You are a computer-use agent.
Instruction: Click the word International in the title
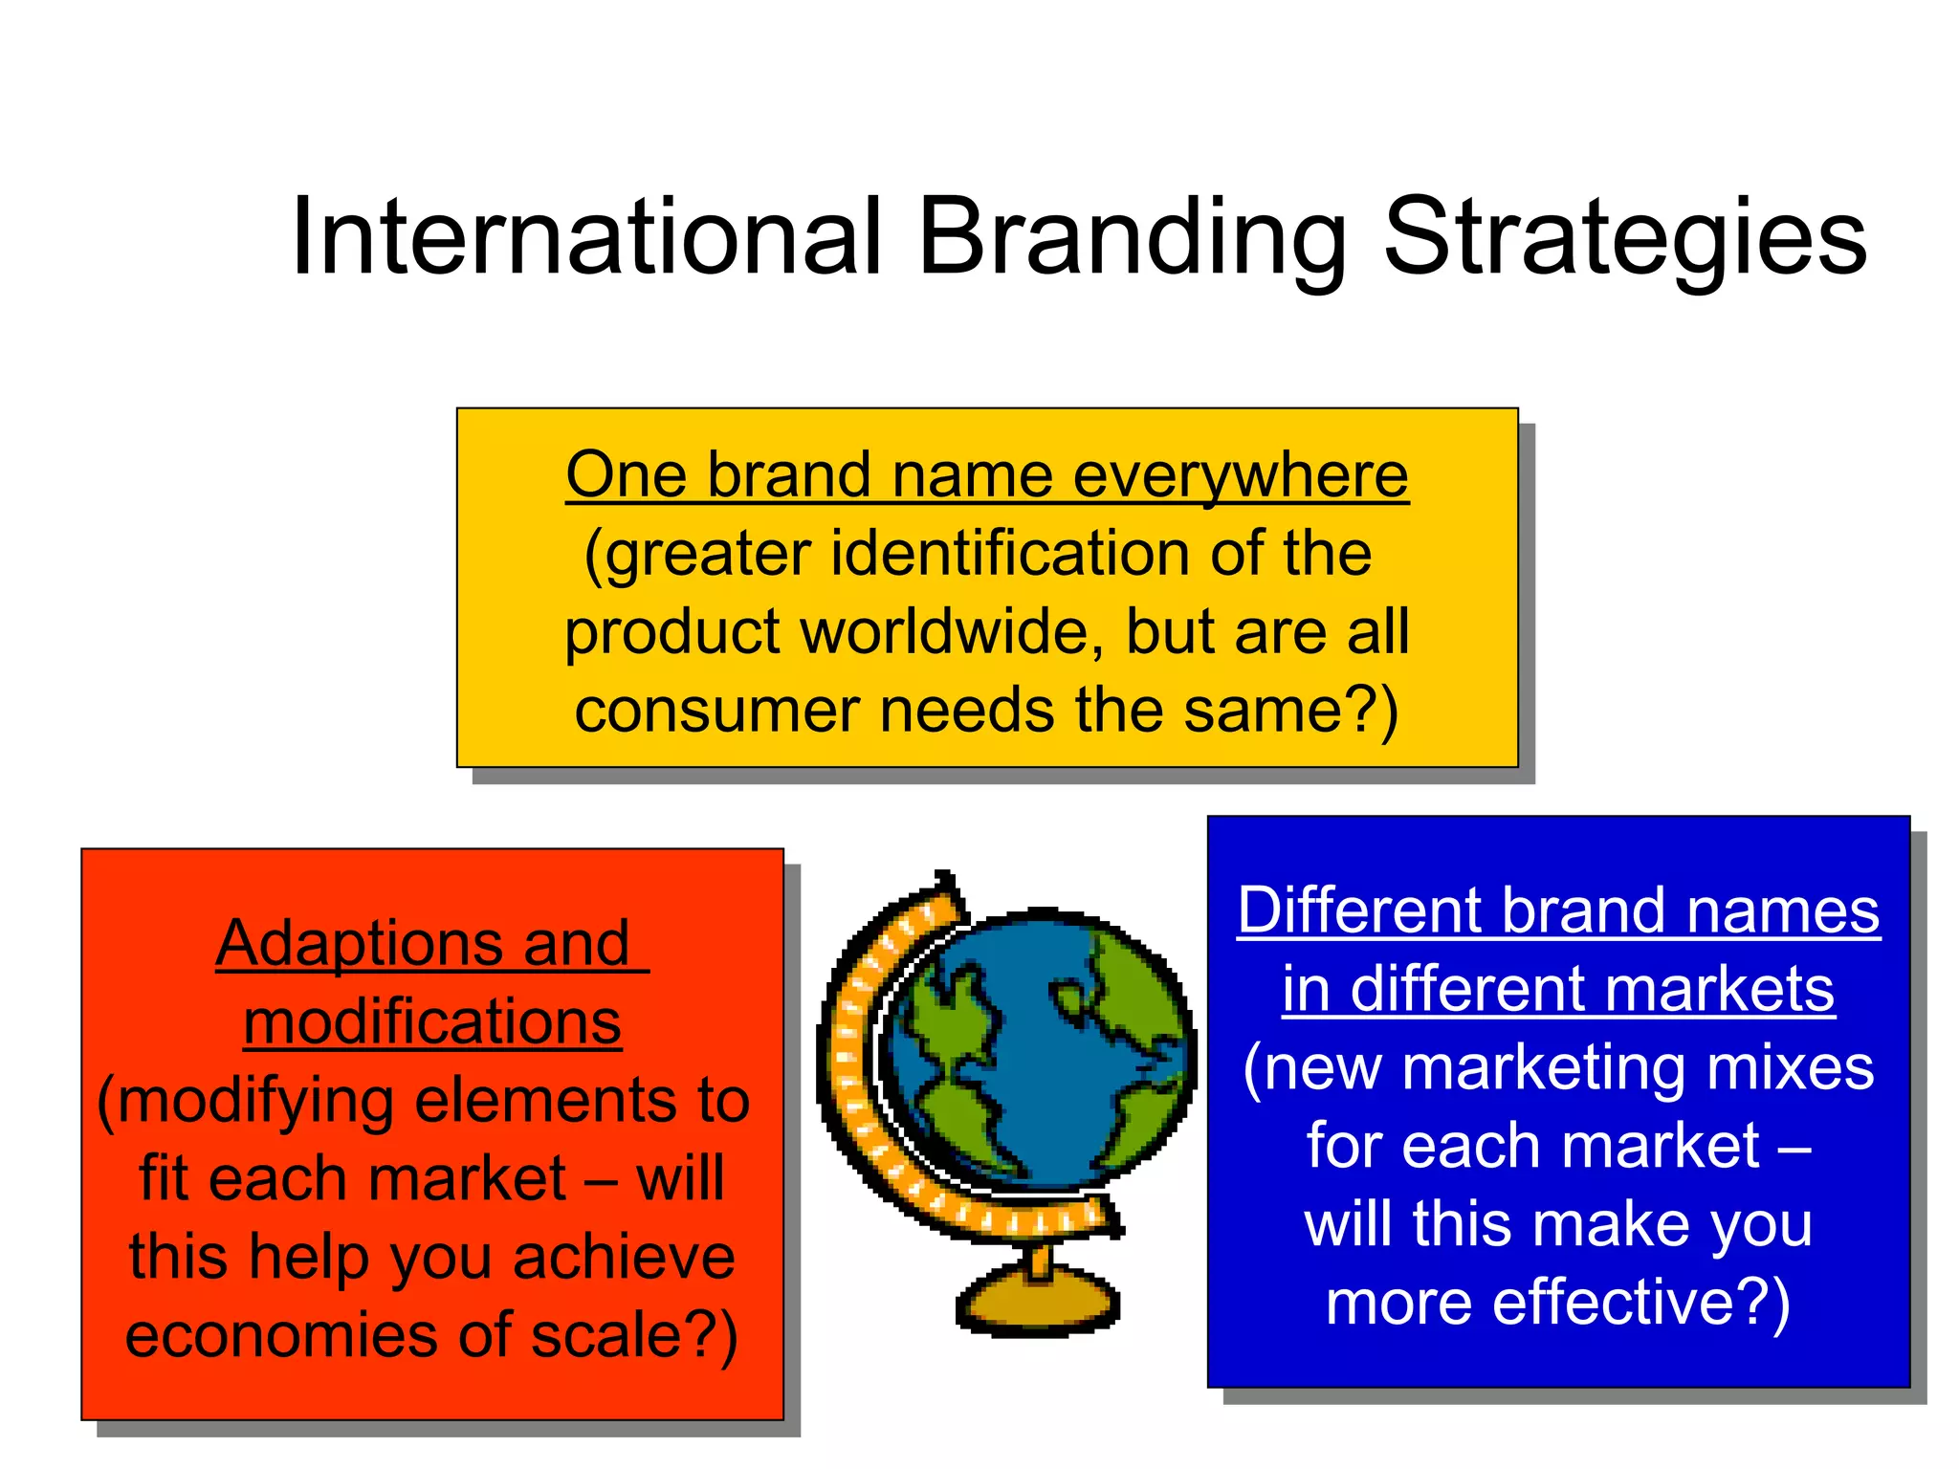pos(585,237)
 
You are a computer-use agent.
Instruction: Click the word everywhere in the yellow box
pos(1241,475)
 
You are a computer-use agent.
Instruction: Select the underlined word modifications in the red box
pos(432,1022)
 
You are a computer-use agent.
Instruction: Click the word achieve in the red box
pos(624,1258)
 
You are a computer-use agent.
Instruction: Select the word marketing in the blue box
pos(1544,1067)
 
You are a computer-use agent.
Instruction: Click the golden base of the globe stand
pos(1039,1302)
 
